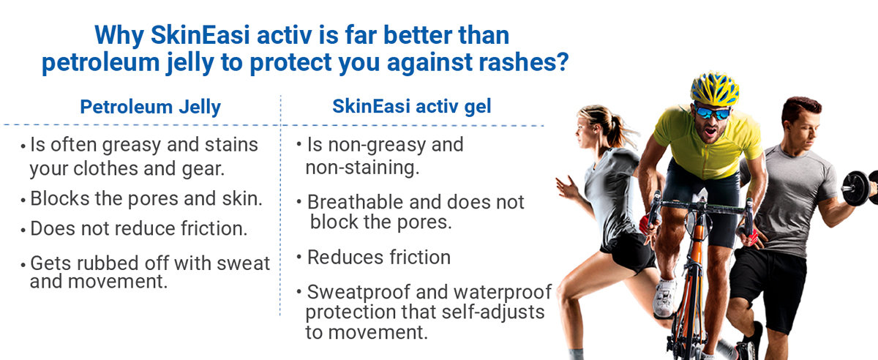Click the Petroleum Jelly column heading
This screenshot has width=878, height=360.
point(151,107)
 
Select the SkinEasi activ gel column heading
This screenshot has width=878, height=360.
point(411,106)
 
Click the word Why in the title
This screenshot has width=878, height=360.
point(119,36)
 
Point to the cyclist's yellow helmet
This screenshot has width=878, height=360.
point(715,89)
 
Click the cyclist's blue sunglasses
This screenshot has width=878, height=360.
point(713,113)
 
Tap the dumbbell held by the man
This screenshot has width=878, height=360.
point(860,187)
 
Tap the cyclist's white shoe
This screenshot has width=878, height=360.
point(664,297)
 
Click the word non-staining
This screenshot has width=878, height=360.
point(362,168)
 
